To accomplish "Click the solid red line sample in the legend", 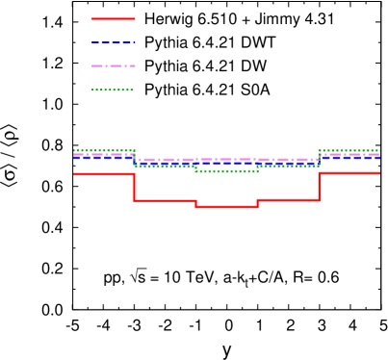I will pos(114,18).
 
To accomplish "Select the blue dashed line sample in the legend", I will pos(114,42).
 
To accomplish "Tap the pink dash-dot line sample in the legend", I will pos(114,65).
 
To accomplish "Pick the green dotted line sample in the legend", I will pos(114,90).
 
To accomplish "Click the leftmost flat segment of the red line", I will pos(103,174).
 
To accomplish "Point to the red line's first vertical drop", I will pos(134,187).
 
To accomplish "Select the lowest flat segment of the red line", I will pos(226,206).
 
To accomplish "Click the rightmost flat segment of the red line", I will pos(349,173).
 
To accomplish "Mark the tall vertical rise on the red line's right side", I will pos(319,187).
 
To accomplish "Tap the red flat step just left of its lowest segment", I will pos(165,200).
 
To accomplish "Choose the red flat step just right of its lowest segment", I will pos(288,199).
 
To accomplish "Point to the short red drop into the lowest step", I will pos(195,203).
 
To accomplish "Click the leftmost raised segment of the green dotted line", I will pos(103,150).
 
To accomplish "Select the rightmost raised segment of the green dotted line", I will pos(349,150).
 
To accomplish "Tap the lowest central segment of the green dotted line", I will pos(226,171).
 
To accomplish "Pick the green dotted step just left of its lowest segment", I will pos(165,167).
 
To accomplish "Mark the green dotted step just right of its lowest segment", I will pos(288,166).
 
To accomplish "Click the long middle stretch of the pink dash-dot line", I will pos(226,159).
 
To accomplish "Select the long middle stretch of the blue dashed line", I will pos(226,163).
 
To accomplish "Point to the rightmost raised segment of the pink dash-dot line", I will pos(349,154).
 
